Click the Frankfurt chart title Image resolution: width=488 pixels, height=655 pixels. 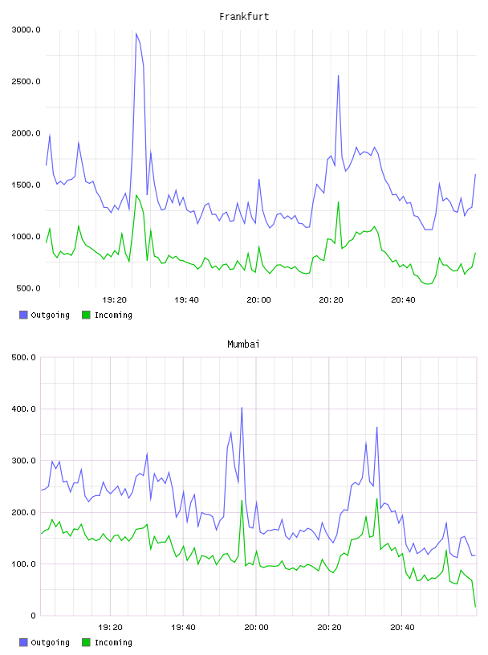(244, 17)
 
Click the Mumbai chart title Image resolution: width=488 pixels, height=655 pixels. (243, 344)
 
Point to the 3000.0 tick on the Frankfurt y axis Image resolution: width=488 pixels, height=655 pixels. (26, 30)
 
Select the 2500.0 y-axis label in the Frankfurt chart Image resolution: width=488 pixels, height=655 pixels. (26, 81)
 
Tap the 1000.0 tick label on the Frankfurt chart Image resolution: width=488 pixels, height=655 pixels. (26, 237)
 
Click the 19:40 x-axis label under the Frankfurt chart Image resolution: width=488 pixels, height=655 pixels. (186, 299)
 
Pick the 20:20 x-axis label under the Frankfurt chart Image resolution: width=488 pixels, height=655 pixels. (331, 299)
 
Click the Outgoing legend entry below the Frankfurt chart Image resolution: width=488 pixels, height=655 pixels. (44, 315)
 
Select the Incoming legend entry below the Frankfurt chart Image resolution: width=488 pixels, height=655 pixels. (107, 315)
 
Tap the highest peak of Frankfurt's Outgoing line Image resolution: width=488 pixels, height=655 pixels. (136, 34)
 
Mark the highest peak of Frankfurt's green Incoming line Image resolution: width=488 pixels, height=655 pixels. (136, 195)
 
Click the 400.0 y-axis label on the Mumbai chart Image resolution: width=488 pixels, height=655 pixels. (23, 409)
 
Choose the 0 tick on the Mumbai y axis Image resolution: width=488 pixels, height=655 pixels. (33, 616)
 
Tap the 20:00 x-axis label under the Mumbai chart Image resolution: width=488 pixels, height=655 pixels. (256, 627)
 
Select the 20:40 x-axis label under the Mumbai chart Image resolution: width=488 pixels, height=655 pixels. (402, 627)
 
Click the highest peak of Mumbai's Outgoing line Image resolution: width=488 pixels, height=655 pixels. (242, 408)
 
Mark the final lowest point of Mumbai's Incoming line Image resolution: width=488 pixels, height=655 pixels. (475, 607)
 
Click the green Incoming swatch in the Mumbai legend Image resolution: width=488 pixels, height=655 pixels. (86, 642)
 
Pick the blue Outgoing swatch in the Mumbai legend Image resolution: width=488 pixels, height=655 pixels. (23, 642)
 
